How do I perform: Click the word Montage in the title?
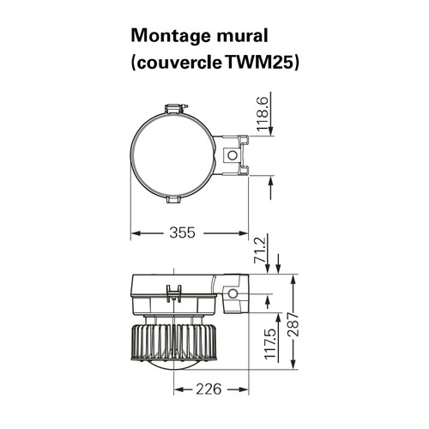171,37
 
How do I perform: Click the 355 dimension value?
182,233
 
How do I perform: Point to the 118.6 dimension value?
263,114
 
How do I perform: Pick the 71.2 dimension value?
260,249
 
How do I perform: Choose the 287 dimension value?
293,324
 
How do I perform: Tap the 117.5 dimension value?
270,343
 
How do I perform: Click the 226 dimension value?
208,389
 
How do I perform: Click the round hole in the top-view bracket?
233,155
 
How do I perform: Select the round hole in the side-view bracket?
233,293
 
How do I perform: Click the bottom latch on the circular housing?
173,200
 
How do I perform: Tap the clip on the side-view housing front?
174,293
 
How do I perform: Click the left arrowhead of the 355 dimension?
136,233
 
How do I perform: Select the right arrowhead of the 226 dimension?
245,390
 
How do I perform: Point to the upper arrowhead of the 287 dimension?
293,279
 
